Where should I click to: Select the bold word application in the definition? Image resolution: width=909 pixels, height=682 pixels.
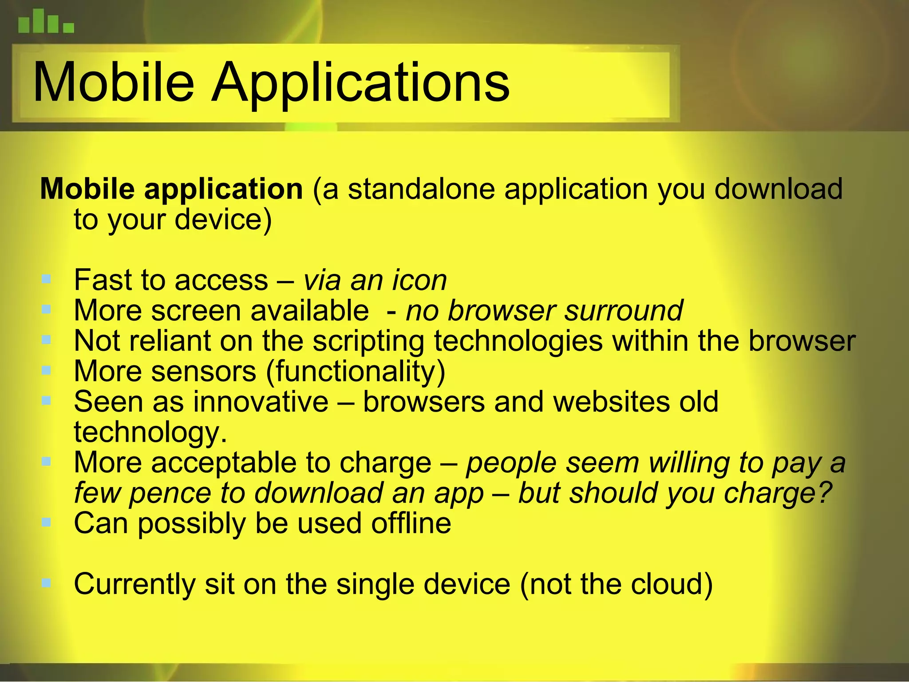[223, 189]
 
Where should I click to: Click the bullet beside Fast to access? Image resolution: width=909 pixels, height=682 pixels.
[46, 279]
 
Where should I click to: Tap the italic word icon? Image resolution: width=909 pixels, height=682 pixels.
[419, 281]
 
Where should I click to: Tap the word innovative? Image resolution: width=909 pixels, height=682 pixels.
[261, 402]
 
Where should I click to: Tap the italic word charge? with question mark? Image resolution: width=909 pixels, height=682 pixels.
[777, 493]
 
